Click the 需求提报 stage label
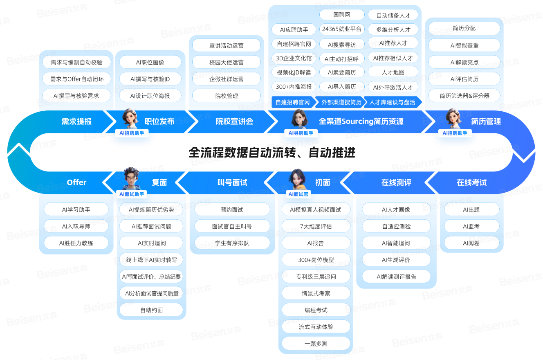76,121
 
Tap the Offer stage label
76,182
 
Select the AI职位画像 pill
150,62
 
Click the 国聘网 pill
342,15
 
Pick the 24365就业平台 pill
342,29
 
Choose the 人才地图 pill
393,72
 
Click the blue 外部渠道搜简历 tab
341,102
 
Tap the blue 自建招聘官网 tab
293,102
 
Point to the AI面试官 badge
298,194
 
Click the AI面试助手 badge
132,194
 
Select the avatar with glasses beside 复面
132,178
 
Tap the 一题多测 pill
316,344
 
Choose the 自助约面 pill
151,310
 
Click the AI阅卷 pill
471,243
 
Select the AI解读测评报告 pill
396,277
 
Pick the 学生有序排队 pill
232,243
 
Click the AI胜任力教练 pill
76,243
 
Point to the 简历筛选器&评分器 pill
464,96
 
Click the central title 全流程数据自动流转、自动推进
272,153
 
